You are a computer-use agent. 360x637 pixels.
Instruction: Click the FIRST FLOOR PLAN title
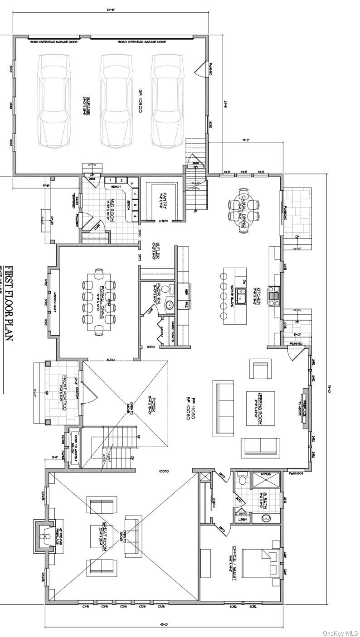pos(8,304)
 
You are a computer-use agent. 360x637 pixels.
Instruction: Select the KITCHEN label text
pos(258,296)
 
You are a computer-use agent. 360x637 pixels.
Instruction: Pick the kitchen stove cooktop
pos(275,295)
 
